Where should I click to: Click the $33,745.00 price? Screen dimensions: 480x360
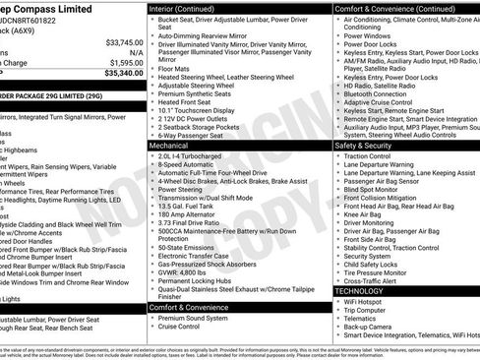pyautogui.click(x=124, y=42)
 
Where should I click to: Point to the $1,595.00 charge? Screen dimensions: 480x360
pyautogui.click(x=126, y=62)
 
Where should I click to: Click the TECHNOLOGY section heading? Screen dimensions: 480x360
pyautogui.click(x=366, y=291)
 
